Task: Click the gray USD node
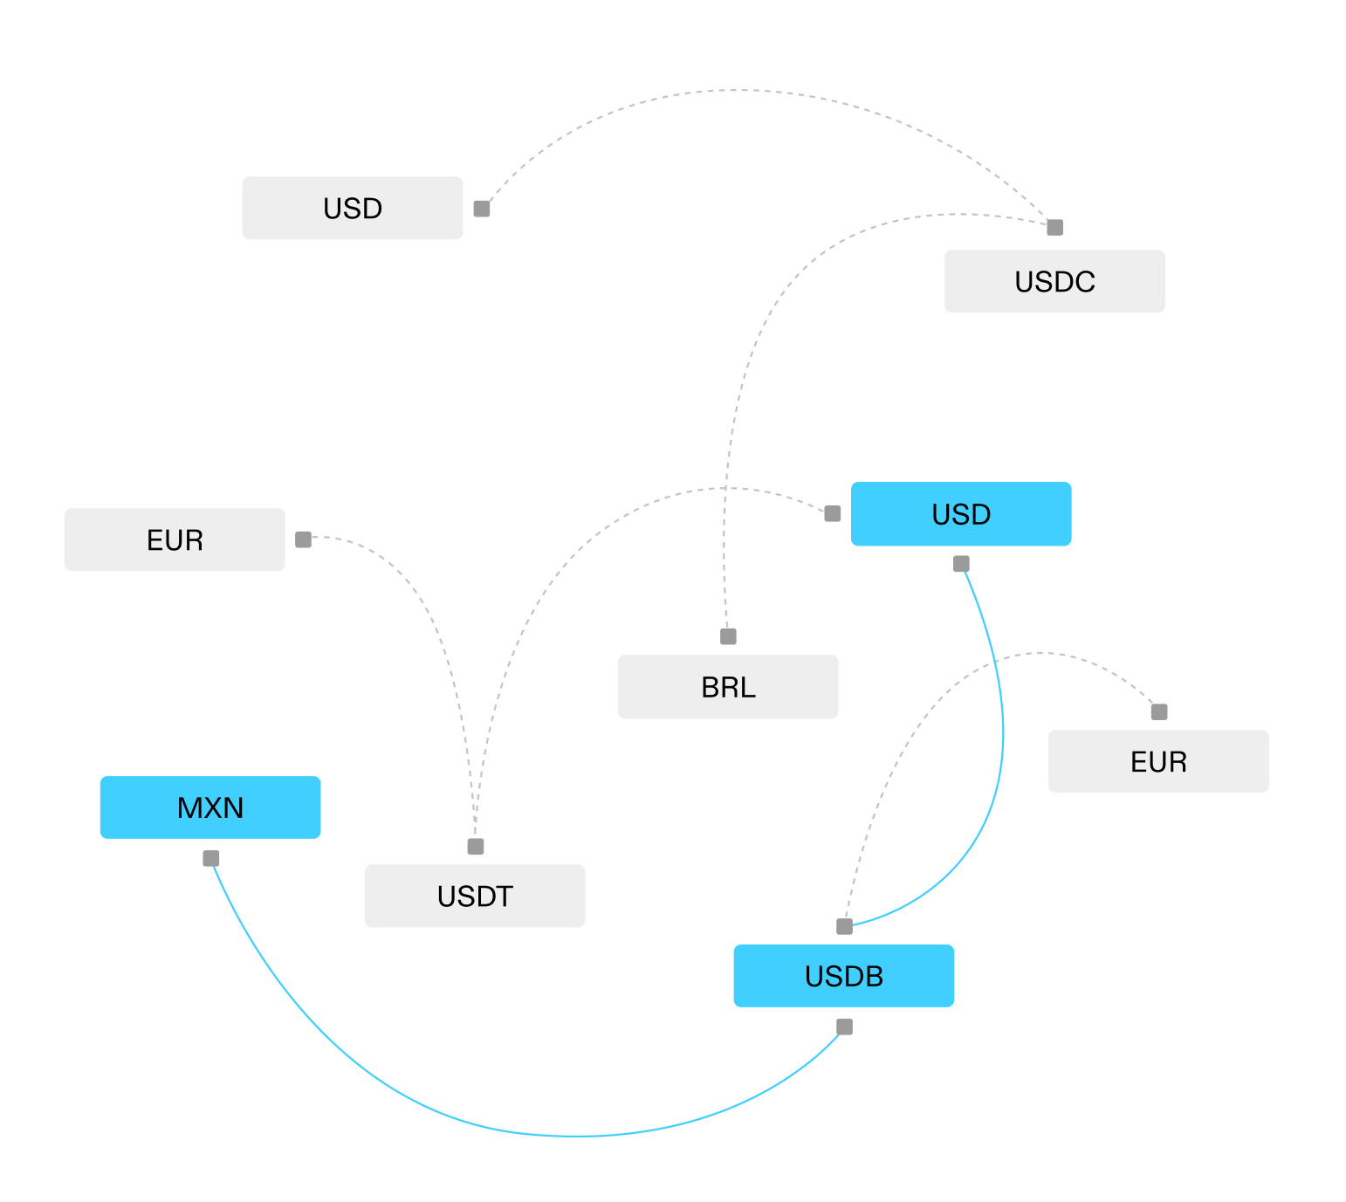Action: (x=352, y=208)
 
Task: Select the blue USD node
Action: (x=960, y=514)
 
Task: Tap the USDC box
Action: (x=1054, y=281)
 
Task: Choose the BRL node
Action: (x=727, y=687)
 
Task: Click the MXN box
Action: (x=209, y=807)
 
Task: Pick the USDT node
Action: (x=474, y=896)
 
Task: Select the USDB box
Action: (x=843, y=976)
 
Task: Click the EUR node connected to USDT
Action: (x=175, y=539)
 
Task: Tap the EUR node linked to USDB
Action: (x=1157, y=761)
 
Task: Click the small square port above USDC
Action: (x=1054, y=228)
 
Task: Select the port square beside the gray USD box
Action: (x=482, y=209)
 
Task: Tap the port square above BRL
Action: (x=728, y=636)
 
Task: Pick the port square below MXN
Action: (x=211, y=858)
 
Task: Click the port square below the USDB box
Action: (x=844, y=1027)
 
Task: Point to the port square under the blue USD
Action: (x=961, y=564)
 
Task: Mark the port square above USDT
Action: (x=476, y=846)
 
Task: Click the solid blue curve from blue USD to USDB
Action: (x=1002, y=742)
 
